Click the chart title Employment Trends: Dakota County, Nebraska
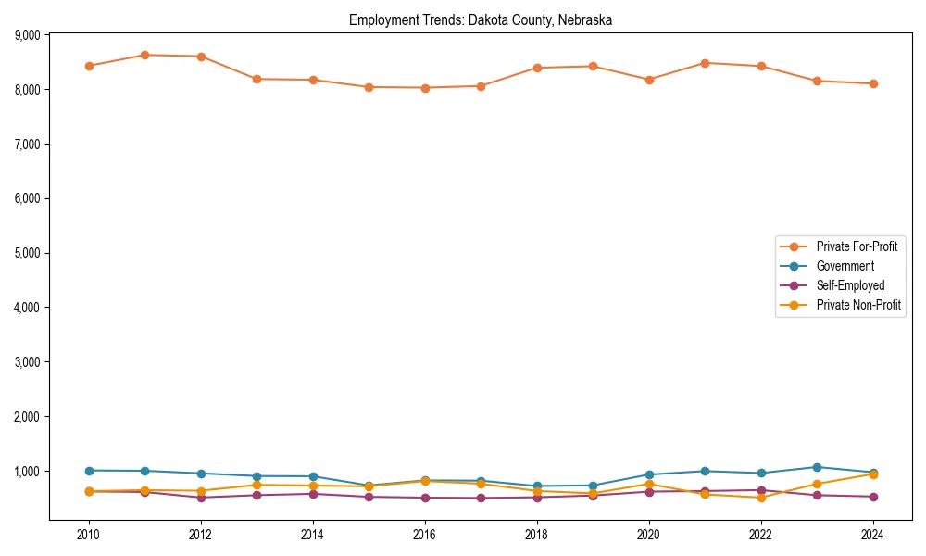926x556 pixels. pyautogui.click(x=480, y=19)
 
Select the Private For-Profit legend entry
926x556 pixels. pyautogui.click(x=850, y=246)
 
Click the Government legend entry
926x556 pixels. pyautogui.click(x=845, y=266)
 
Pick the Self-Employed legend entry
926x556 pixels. pyautogui.click(x=850, y=285)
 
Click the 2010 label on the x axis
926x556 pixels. pyautogui.click(x=89, y=535)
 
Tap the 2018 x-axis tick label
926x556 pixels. pyautogui.click(x=536, y=535)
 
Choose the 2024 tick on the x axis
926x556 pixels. pyautogui.click(x=872, y=535)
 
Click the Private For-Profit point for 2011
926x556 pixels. pyautogui.click(x=144, y=55)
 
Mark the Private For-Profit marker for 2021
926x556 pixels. pyautogui.click(x=705, y=63)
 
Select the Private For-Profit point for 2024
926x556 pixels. pyautogui.click(x=872, y=83)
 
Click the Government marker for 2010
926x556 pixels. pyautogui.click(x=89, y=471)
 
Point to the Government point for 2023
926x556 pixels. pyautogui.click(x=817, y=467)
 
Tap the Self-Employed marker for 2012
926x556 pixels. pyautogui.click(x=201, y=498)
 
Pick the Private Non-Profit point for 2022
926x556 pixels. pyautogui.click(x=761, y=498)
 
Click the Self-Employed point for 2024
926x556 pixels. pyautogui.click(x=872, y=497)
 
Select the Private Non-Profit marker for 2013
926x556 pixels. pyautogui.click(x=257, y=485)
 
